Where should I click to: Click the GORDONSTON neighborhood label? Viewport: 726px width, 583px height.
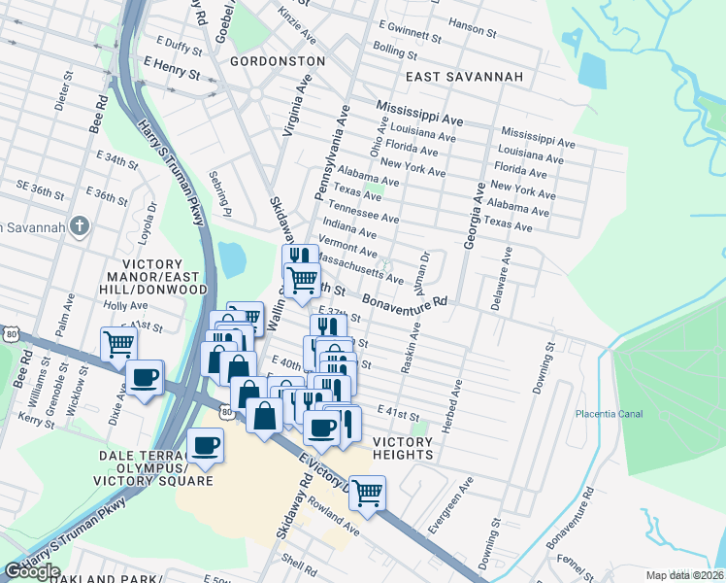(278, 60)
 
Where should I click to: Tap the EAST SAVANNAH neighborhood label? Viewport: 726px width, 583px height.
(464, 77)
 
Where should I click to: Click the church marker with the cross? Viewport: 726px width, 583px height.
(81, 226)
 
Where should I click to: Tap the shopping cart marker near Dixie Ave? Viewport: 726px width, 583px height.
(118, 343)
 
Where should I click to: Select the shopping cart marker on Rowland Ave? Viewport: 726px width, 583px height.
(367, 493)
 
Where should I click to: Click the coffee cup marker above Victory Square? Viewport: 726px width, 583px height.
(205, 445)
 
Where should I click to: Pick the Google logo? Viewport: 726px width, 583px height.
(32, 571)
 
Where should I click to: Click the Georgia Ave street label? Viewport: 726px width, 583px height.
(477, 214)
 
